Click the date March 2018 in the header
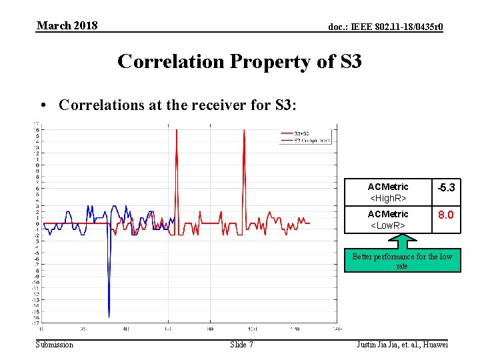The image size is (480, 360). coord(67,26)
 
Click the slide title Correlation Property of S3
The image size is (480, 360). coord(239,61)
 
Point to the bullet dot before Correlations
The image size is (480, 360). coord(42,105)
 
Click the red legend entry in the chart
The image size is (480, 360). coord(303,134)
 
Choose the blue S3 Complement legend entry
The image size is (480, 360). coord(303,141)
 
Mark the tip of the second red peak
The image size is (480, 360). coord(245,130)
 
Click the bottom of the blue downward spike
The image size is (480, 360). coord(109,317)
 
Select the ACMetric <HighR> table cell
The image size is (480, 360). coord(387,192)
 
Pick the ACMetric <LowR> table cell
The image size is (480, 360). coord(387,219)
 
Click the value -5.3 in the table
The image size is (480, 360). coord(445,189)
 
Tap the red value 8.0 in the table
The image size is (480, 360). coord(445,215)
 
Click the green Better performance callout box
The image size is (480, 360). coord(402,261)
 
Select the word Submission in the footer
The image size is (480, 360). coord(55,344)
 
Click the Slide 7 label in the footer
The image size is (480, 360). coord(241,344)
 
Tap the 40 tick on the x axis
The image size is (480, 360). coord(125,329)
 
